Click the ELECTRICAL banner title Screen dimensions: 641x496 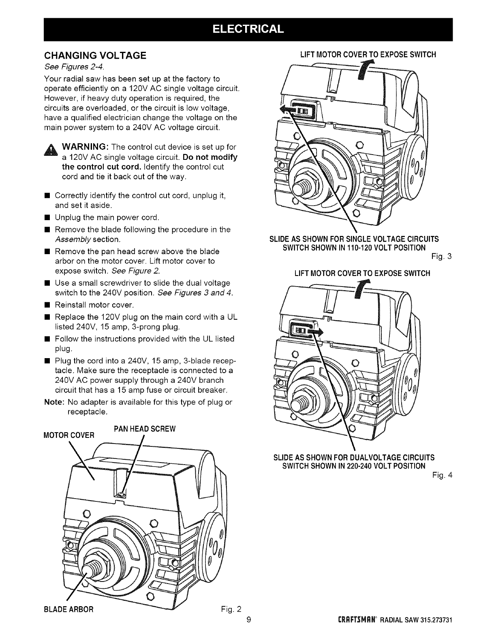248,30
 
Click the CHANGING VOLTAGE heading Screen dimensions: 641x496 95,55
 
